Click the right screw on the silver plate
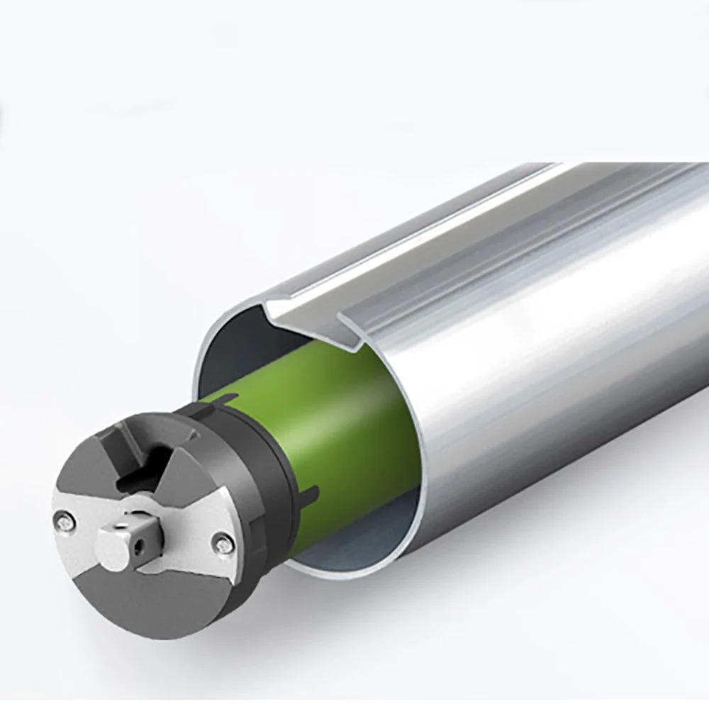pos(223,543)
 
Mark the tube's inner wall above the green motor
pos(234,354)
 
